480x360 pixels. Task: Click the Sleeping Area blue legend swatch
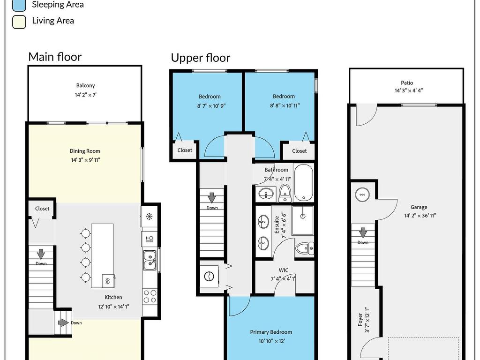[19, 5]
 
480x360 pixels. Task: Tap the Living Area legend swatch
[19, 22]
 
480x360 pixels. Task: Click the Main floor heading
[55, 57]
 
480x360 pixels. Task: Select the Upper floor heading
[201, 58]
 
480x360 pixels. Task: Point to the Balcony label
[85, 85]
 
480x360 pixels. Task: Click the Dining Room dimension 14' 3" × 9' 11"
[86, 160]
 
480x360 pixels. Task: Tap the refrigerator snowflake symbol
[149, 217]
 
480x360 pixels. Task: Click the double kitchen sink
[150, 260]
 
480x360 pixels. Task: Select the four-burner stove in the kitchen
[150, 296]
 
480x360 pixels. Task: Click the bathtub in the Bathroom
[303, 183]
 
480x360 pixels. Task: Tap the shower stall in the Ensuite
[303, 220]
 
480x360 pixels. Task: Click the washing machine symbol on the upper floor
[210, 276]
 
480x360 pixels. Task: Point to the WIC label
[284, 270]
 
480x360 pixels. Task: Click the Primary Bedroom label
[271, 332]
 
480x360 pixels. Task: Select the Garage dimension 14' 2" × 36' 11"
[420, 216]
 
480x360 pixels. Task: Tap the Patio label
[407, 82]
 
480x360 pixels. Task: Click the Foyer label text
[360, 319]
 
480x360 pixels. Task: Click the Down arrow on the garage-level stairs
[363, 232]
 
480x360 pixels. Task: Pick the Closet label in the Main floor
[42, 209]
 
